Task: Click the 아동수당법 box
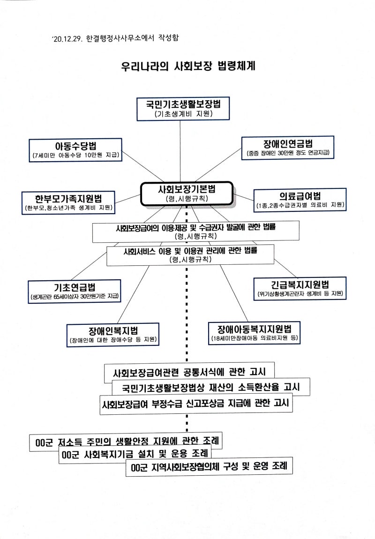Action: point(75,150)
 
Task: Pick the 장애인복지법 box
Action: point(113,334)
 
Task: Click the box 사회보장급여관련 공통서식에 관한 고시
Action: point(189,373)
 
